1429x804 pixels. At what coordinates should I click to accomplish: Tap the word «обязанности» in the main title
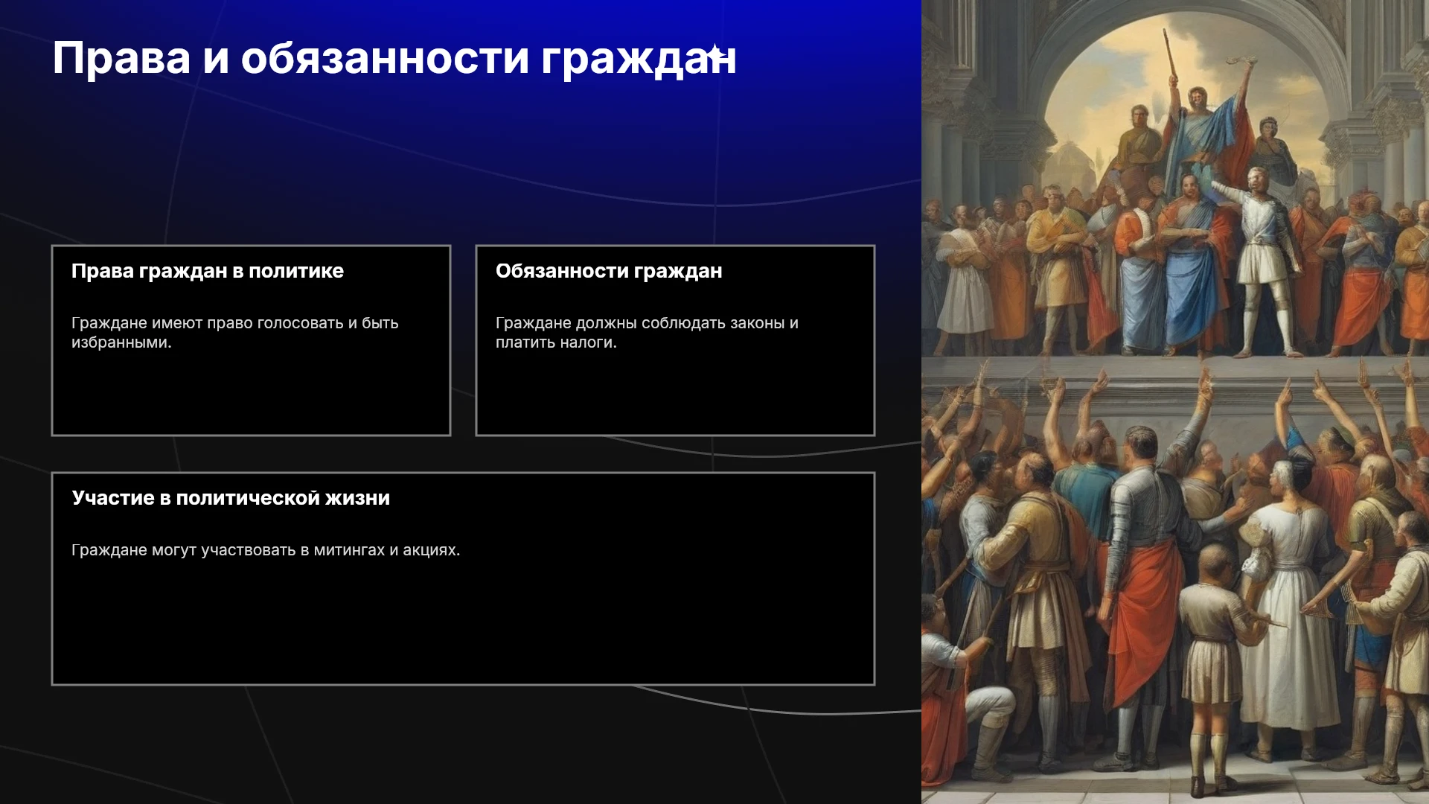point(385,58)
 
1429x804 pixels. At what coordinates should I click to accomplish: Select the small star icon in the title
point(714,54)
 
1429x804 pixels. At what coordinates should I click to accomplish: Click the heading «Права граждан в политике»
point(208,271)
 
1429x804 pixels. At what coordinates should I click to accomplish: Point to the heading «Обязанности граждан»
point(609,271)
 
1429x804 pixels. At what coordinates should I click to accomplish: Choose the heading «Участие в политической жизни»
point(231,498)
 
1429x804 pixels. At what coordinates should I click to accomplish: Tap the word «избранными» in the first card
point(121,342)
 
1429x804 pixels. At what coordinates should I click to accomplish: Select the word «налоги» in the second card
point(590,342)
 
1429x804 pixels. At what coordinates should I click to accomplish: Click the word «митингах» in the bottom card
point(349,550)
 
